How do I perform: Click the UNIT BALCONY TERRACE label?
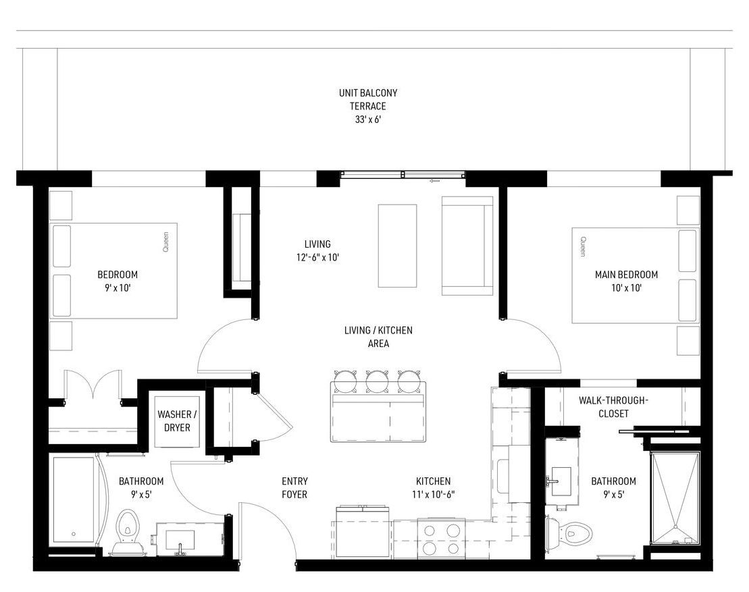[368, 99]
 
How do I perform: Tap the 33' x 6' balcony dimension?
[368, 119]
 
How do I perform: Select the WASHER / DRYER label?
[177, 421]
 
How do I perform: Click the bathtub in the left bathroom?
[74, 500]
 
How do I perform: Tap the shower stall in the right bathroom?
[675, 497]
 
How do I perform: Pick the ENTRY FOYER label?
[294, 487]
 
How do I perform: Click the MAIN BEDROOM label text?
[626, 275]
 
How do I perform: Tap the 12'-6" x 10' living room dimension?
[317, 257]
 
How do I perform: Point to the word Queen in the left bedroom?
[165, 242]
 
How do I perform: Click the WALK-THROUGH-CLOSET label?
[613, 407]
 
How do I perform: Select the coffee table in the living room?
[397, 246]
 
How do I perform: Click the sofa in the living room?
[467, 246]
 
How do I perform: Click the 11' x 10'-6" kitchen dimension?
[433, 495]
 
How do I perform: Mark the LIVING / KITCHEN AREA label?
[378, 337]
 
